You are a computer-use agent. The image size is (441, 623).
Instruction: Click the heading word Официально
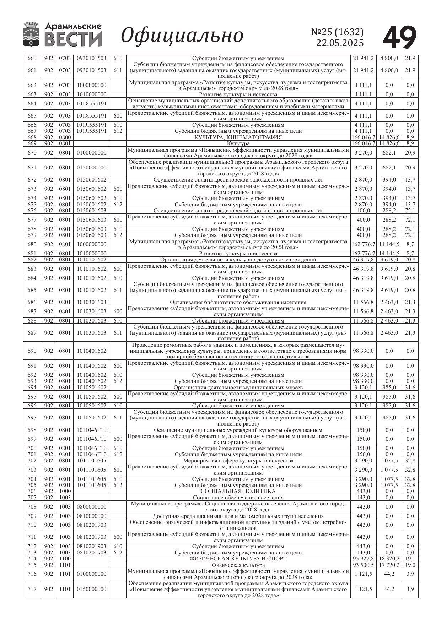pyautogui.click(x=182, y=35)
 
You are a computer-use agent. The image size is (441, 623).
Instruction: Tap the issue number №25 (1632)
pyautogui.click(x=337, y=32)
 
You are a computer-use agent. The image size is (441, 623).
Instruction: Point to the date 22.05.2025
pyautogui.click(x=340, y=43)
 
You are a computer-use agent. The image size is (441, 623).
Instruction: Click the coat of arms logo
pyautogui.click(x=31, y=34)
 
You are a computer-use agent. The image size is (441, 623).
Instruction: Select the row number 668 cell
pyautogui.click(x=32, y=137)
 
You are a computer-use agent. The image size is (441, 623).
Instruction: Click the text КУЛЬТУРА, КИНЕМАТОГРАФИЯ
pyautogui.click(x=238, y=137)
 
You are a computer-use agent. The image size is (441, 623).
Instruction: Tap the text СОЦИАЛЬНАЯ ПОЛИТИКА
pyautogui.click(x=238, y=491)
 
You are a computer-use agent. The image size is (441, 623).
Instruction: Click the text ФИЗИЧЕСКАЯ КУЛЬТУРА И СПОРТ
pyautogui.click(x=238, y=558)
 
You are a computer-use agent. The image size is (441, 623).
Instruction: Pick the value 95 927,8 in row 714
pyautogui.click(x=363, y=558)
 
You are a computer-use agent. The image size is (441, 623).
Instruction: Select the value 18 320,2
pyautogui.click(x=389, y=558)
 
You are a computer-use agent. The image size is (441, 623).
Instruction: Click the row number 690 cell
pyautogui.click(x=32, y=351)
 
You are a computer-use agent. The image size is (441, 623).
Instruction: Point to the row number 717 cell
pyautogui.click(x=32, y=589)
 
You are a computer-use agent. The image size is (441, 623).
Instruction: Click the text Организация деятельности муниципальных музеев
pyautogui.click(x=238, y=388)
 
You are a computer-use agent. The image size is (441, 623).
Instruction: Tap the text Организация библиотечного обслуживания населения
pyautogui.click(x=238, y=302)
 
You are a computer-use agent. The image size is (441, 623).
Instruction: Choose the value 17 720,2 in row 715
pyautogui.click(x=389, y=565)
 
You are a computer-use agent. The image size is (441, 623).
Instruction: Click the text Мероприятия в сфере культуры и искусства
pyautogui.click(x=238, y=461)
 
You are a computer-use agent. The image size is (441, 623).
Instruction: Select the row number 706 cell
pyautogui.click(x=32, y=491)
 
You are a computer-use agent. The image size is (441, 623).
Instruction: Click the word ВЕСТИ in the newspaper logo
pyautogui.click(x=73, y=39)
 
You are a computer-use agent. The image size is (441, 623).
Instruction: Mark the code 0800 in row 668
pyautogui.click(x=65, y=137)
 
